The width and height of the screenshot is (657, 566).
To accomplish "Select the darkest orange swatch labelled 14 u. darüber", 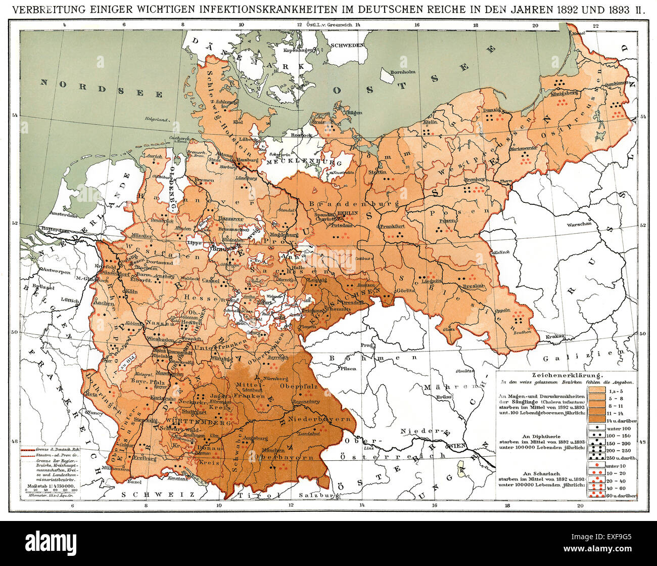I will pos(598,420).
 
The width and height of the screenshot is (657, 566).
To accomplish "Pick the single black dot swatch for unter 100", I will pos(598,428).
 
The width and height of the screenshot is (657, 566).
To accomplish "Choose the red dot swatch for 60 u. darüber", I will pos(598,495).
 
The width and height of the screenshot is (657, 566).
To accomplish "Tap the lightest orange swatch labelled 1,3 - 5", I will pos(598,390).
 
